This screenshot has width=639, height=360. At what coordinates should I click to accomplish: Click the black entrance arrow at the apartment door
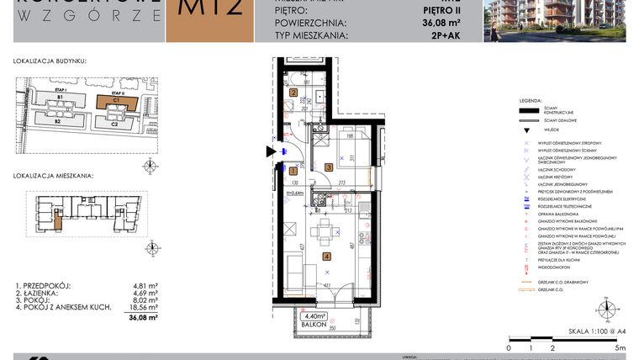[x=270, y=151]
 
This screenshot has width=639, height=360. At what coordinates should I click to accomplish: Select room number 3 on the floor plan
[x=330, y=167]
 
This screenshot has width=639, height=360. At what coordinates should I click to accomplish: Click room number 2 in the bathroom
[x=294, y=93]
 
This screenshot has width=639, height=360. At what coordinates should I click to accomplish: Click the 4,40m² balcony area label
[x=315, y=317]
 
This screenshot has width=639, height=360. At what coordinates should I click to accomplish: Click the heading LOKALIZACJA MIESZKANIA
[x=53, y=177]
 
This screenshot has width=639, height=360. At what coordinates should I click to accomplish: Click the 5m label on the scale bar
[x=620, y=347]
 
